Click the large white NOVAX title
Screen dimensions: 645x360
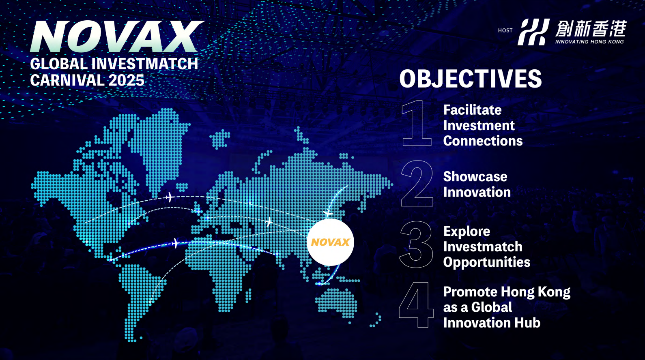[x=116, y=36]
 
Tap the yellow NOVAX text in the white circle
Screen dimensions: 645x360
[x=330, y=242]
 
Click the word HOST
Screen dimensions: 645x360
[x=505, y=30]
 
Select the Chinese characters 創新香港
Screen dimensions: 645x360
[x=591, y=29]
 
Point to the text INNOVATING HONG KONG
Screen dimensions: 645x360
[x=589, y=42]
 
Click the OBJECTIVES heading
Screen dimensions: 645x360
[x=471, y=79]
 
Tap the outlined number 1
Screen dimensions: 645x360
[x=417, y=123]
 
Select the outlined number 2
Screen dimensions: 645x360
[x=417, y=183]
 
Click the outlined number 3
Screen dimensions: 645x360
[x=416, y=244]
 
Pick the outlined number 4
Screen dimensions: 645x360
[x=416, y=305]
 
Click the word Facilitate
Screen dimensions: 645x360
[x=473, y=110]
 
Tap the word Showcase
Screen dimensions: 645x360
[x=475, y=177]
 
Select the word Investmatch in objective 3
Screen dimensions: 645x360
[x=483, y=247]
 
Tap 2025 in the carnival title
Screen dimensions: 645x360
[x=126, y=80]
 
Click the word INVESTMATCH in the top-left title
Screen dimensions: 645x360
[x=145, y=64]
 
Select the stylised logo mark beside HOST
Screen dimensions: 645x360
[x=533, y=32]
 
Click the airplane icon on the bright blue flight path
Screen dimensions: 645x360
[x=175, y=243]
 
